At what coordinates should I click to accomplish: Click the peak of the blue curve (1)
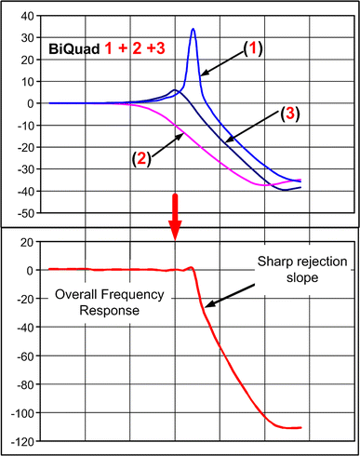[193, 30]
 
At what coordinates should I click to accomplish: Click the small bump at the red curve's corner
[192, 268]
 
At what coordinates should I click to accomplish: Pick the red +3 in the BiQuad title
[143, 45]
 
